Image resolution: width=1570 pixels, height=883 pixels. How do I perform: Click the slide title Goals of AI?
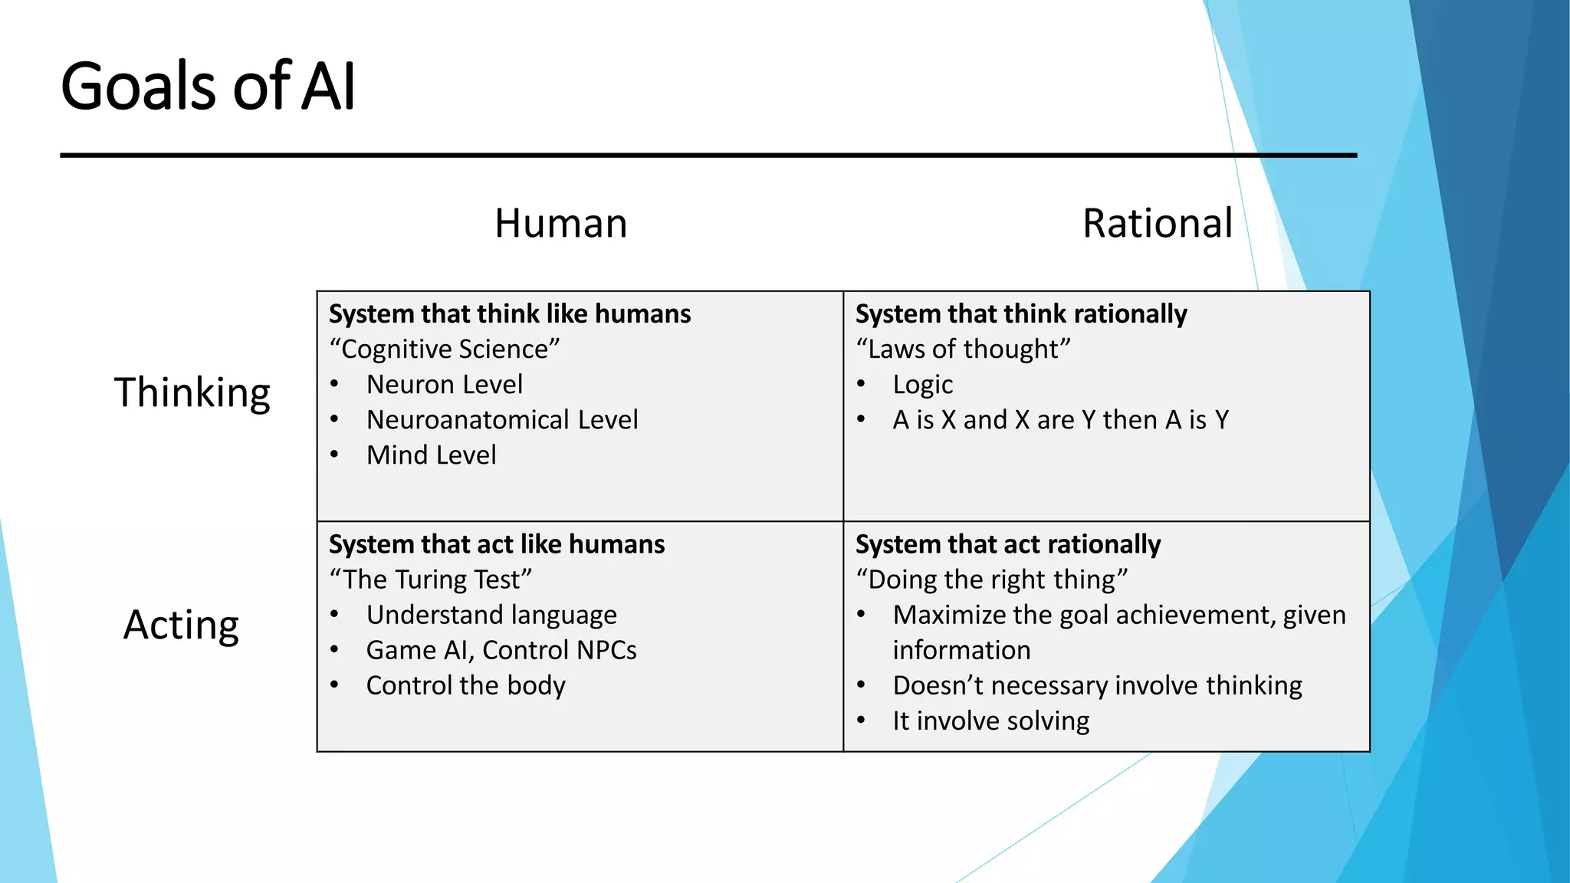(208, 86)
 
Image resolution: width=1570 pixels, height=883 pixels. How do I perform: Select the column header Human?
(560, 224)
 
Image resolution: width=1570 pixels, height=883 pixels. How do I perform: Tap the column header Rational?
(1157, 224)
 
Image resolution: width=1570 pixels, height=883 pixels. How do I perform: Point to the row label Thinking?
(192, 392)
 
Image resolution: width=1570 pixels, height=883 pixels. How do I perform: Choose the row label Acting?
(181, 625)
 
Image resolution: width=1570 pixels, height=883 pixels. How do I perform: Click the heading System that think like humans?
(510, 314)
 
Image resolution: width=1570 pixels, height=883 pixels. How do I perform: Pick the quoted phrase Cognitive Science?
(445, 350)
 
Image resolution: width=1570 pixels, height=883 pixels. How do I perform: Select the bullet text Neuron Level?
(445, 385)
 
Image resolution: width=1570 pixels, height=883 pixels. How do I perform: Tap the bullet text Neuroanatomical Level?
(502, 420)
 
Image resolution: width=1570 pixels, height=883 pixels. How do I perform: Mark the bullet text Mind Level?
(432, 455)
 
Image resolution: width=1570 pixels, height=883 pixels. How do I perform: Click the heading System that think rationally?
(1021, 314)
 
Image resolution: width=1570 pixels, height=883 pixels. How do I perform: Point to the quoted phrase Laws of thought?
(963, 350)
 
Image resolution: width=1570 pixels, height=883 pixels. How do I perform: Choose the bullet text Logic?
(923, 385)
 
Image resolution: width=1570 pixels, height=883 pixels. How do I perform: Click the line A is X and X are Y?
(1061, 420)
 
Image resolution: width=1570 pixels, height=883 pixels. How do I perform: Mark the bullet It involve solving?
(991, 721)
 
